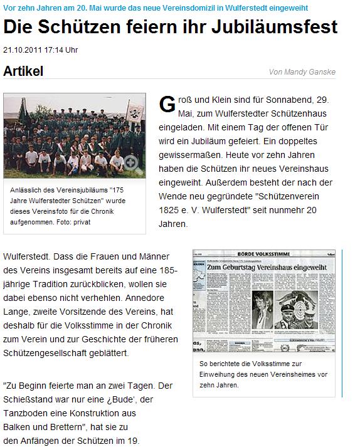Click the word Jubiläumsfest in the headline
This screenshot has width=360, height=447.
click(279, 27)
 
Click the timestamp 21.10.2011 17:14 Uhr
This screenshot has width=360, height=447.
click(41, 50)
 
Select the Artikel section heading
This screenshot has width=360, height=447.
click(23, 71)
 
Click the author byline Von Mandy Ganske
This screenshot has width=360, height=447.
click(302, 72)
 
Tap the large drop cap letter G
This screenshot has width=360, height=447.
click(167, 105)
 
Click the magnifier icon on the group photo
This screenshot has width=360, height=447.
click(131, 162)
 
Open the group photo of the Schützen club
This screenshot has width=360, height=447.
click(74, 134)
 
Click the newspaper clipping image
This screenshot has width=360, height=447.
click(266, 305)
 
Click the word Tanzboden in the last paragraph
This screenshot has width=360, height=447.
click(25, 414)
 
